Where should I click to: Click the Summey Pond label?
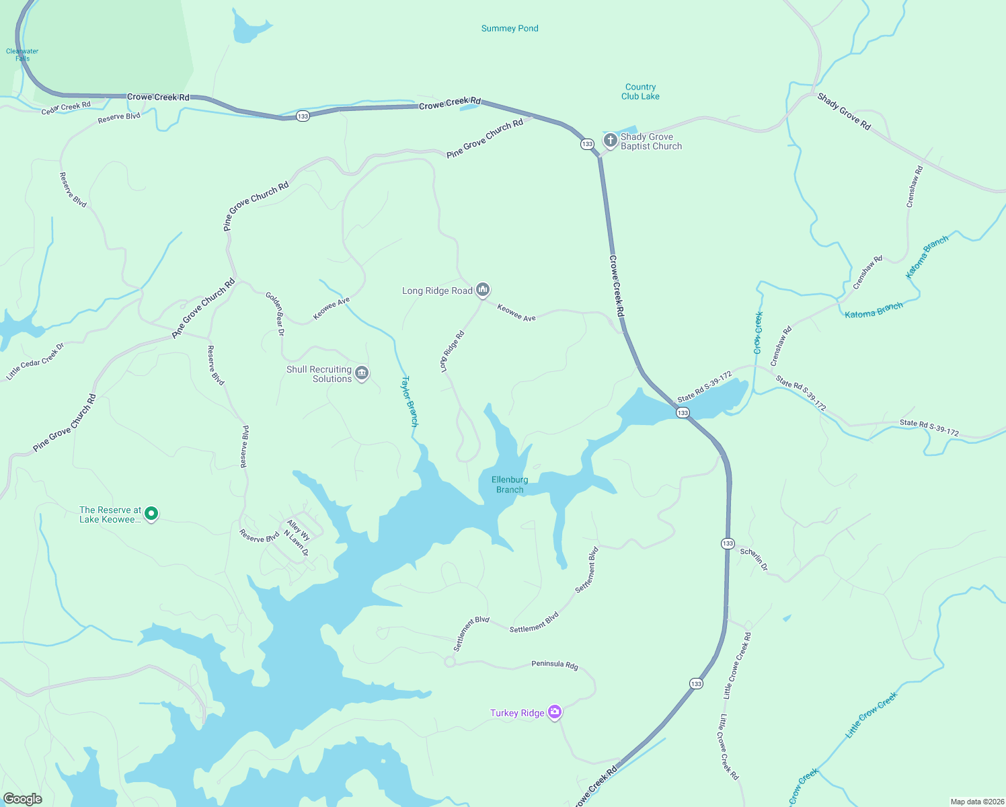coord(510,28)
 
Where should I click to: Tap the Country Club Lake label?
coord(640,91)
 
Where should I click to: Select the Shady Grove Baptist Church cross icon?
coord(610,141)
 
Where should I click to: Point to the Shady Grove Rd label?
coord(844,112)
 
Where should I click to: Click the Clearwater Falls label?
coord(22,54)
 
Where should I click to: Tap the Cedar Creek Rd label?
coord(66,108)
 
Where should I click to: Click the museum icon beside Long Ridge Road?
coord(482,290)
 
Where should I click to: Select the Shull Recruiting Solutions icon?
coord(362,373)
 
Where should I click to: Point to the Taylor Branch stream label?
coord(410,401)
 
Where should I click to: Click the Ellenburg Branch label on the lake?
coord(510,484)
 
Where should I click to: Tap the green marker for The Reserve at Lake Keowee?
coord(151,514)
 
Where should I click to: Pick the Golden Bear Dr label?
coord(275,313)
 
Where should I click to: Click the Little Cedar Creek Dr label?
coord(35,362)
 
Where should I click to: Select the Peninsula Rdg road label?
coord(555,664)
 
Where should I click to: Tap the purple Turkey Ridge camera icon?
coord(555,712)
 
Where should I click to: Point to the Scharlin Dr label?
coord(754,559)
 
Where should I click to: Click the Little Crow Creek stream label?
coord(872,715)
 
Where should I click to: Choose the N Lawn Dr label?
coord(297,543)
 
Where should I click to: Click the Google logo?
coord(22,799)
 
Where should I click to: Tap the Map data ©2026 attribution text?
coord(976,802)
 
